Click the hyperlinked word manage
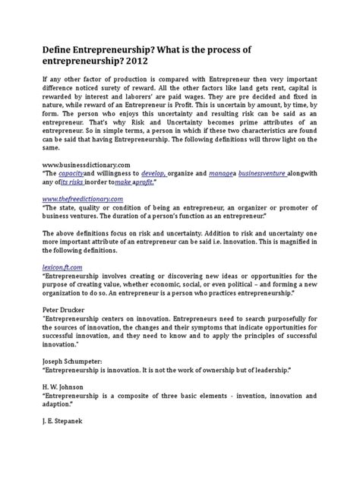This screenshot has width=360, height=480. pos(221,194)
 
